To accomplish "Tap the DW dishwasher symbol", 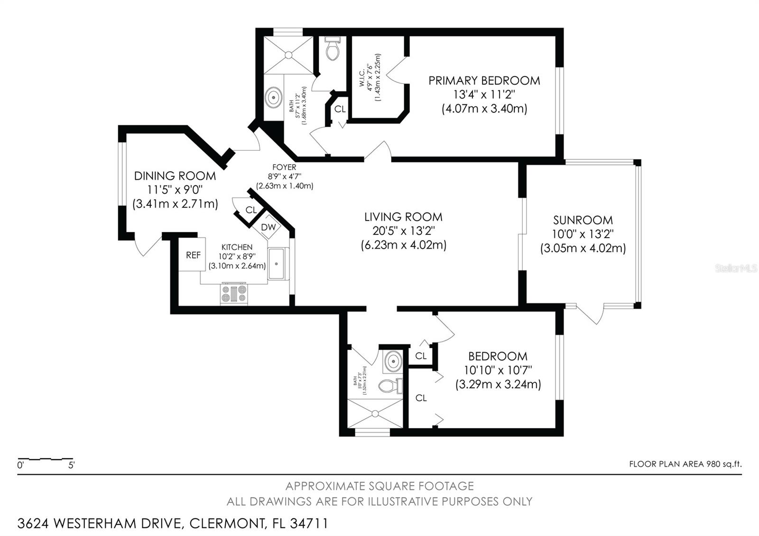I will (268, 227).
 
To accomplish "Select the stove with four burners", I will (234, 294).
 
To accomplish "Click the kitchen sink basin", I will (278, 263).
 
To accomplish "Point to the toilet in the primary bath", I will (333, 49).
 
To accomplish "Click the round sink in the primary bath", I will (273, 98).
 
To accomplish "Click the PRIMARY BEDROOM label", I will (484, 81).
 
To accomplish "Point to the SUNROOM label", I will (583, 220).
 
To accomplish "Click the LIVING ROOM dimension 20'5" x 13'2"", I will (403, 231).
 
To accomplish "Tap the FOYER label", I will (284, 167).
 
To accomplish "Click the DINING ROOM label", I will (175, 176).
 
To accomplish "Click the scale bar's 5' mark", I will (72, 465).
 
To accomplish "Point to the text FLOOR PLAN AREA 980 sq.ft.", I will (685, 464).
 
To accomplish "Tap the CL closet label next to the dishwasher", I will (250, 210).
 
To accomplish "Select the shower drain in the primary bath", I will (288, 55).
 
